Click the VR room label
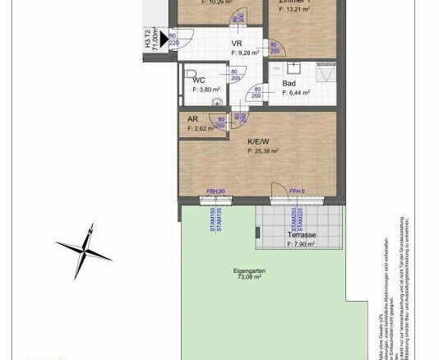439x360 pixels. click(237, 44)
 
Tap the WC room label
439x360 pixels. click(199, 81)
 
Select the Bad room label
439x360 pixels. click(289, 83)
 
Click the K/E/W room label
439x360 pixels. click(261, 141)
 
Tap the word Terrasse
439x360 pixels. click(302, 235)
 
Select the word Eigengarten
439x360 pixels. click(248, 270)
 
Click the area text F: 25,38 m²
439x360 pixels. click(261, 151)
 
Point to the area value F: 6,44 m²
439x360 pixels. click(296, 93)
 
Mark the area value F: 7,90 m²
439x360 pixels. click(302, 244)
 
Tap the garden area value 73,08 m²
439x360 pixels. click(248, 278)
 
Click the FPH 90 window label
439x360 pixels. click(216, 191)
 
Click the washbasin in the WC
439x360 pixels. click(216, 101)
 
